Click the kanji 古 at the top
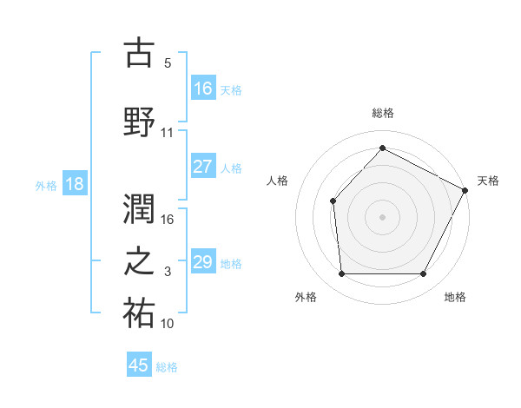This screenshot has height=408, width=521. (139, 54)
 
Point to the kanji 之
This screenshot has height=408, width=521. (139, 262)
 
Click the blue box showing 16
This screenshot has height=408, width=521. (203, 88)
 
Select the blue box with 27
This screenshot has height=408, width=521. (203, 167)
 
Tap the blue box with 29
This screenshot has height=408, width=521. (203, 262)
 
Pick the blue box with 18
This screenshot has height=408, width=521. (74, 184)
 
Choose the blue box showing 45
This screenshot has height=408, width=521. (139, 365)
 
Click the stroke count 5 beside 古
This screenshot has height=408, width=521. (168, 63)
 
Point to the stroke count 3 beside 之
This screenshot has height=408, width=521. (168, 272)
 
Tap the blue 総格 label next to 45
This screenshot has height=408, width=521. (167, 367)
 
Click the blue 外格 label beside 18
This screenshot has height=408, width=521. (46, 185)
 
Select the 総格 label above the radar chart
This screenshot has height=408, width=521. (382, 113)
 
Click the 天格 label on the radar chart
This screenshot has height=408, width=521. (488, 181)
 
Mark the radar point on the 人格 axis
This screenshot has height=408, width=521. (333, 201)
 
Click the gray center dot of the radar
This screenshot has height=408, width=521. (382, 216)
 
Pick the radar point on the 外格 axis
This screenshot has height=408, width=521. (341, 274)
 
